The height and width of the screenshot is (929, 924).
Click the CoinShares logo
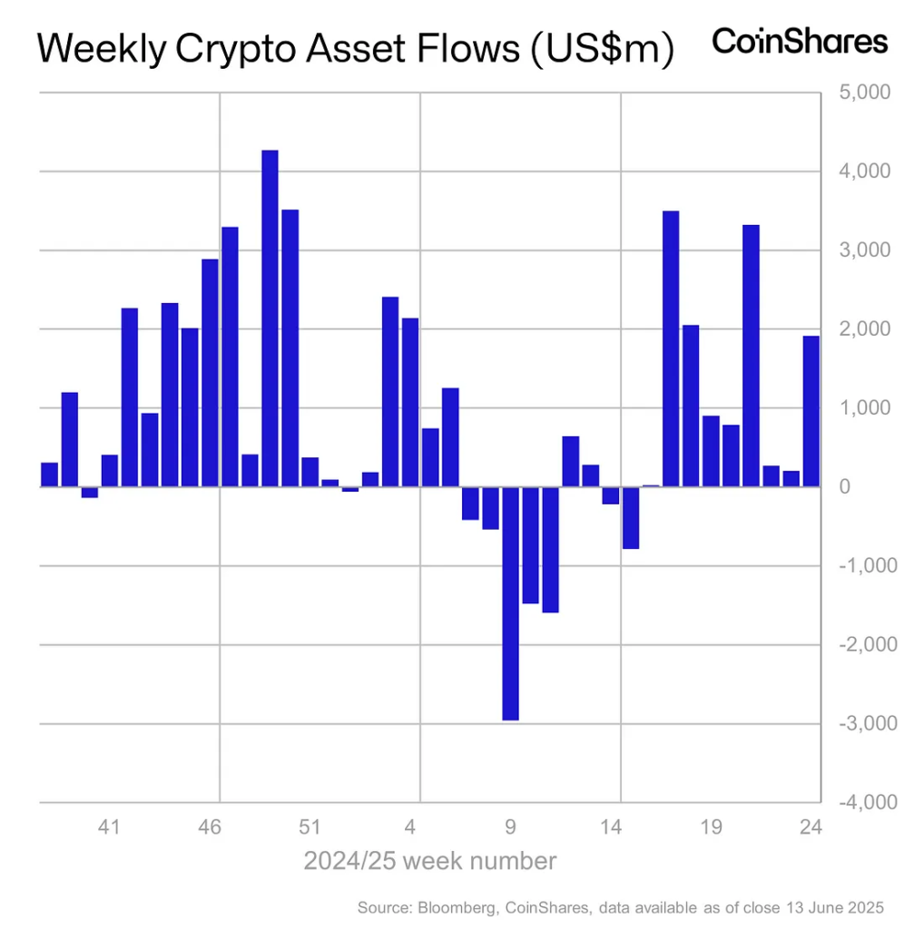click(799, 42)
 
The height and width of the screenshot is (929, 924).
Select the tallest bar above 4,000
click(270, 318)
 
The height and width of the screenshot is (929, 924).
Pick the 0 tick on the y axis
click(844, 487)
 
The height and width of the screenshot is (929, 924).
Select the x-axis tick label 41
click(110, 826)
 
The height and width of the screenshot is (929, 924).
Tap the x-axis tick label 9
click(510, 826)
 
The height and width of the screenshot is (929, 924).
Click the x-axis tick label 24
click(811, 826)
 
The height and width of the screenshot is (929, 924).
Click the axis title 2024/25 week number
click(429, 860)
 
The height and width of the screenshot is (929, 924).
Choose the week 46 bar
click(210, 373)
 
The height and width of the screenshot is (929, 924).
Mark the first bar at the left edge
click(49, 474)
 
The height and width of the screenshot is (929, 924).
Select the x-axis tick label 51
click(310, 826)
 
